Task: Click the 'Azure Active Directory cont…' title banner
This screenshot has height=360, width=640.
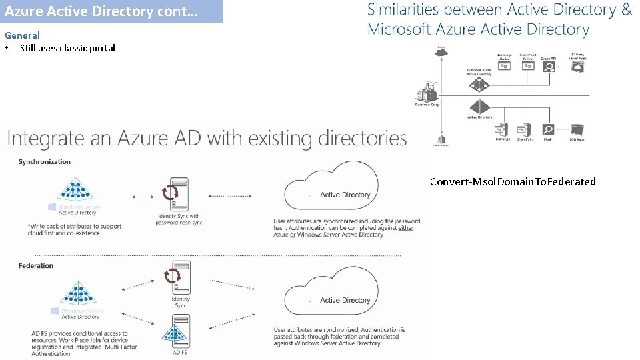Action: click(111, 11)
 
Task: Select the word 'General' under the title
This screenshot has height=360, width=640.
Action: click(22, 35)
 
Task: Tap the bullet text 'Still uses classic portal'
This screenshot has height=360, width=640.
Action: click(67, 48)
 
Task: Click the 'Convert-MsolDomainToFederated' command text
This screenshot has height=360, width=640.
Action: click(513, 181)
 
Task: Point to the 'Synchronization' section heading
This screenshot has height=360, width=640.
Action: click(45, 162)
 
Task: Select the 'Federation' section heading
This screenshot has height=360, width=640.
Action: click(36, 266)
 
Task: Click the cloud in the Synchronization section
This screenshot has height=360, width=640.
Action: click(331, 187)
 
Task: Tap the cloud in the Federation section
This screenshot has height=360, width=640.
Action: click(331, 293)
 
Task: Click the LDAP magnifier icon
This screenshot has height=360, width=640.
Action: click(548, 130)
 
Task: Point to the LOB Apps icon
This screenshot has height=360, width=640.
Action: click(577, 130)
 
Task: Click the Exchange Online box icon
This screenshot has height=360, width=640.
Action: click(505, 67)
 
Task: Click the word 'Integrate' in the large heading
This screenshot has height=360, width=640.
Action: click(45, 139)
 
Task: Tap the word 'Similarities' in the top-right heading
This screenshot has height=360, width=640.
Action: click(403, 10)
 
